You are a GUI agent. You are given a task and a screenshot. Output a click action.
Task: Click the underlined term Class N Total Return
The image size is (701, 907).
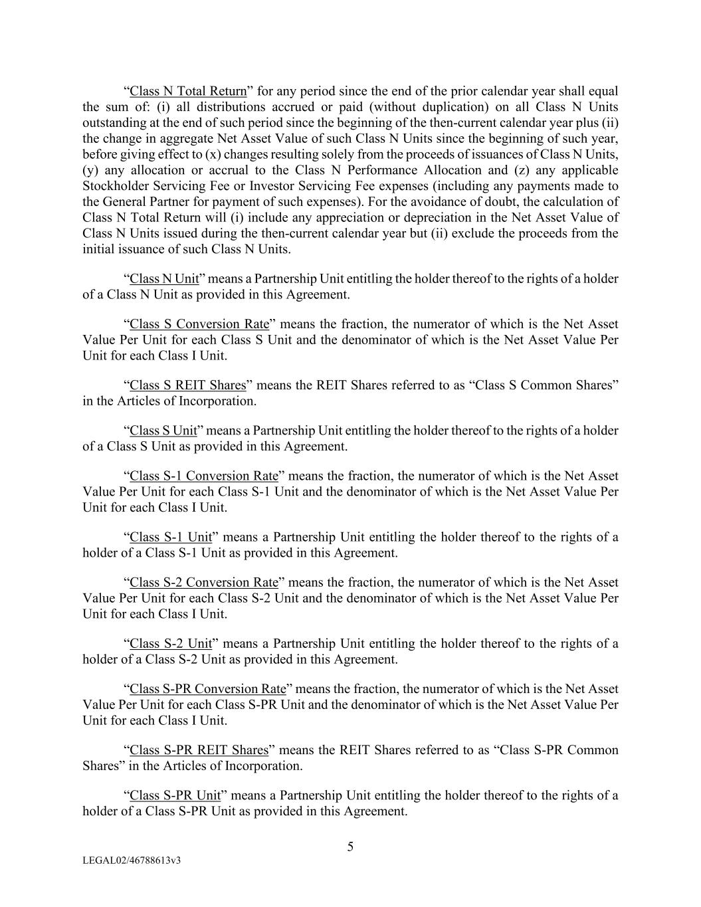[188, 91]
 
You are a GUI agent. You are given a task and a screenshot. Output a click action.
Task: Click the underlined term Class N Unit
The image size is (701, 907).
[164, 278]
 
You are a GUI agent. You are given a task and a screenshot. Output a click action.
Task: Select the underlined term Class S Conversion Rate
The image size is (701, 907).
[199, 324]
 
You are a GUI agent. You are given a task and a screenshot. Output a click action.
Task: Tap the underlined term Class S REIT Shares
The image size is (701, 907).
[188, 385]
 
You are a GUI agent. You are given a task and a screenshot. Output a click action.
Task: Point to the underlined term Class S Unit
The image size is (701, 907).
[163, 431]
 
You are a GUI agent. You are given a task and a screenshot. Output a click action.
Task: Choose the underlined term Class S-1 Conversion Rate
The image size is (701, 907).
[204, 476]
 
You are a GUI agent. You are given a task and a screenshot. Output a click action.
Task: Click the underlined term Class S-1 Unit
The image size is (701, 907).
[171, 537]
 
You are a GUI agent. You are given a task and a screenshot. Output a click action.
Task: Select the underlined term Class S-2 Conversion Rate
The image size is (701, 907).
[204, 583]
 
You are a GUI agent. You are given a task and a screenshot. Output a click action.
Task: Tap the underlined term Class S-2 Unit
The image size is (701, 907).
[171, 643]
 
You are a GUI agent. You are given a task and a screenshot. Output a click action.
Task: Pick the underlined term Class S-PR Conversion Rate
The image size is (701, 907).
[208, 689]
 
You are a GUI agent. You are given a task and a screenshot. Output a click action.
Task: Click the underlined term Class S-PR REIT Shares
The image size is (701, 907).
[199, 750]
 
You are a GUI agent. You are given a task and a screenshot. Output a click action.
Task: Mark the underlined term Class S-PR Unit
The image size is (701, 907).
[175, 795]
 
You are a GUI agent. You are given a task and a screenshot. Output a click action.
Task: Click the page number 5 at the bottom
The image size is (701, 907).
[350, 847]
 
